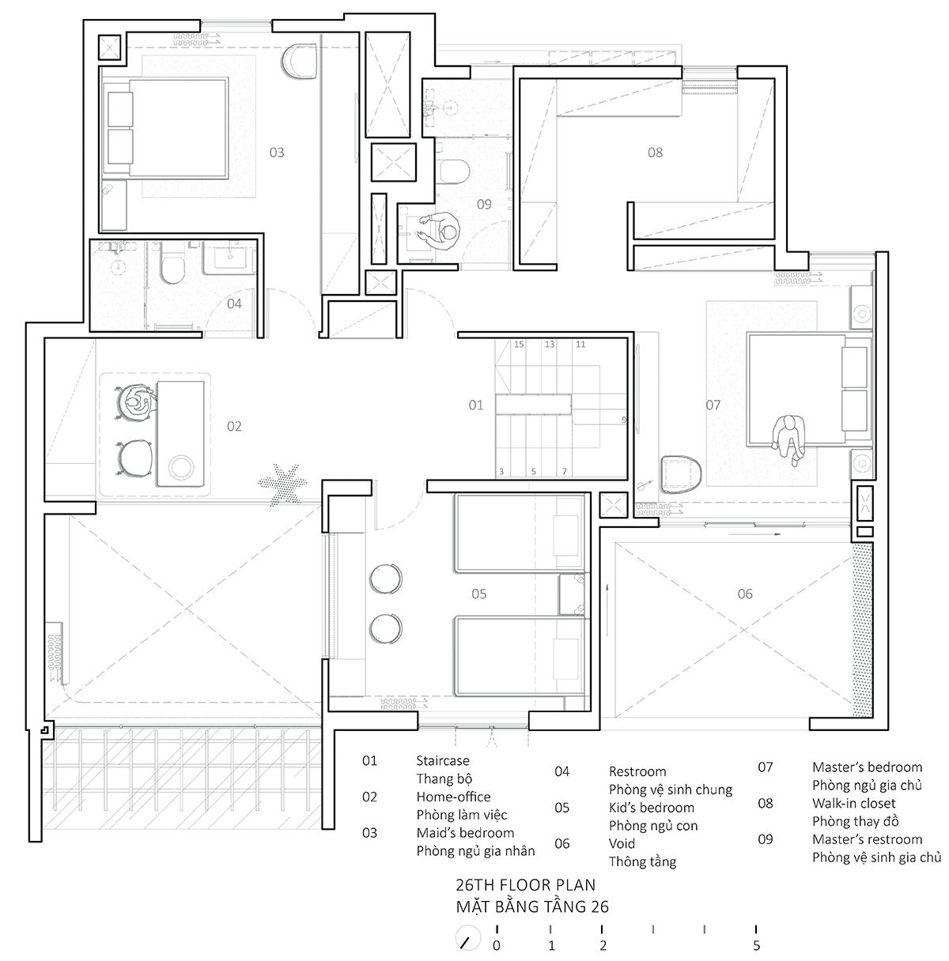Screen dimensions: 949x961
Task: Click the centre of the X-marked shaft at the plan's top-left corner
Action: click(109, 47)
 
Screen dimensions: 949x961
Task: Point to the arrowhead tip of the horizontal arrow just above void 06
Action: click(781, 534)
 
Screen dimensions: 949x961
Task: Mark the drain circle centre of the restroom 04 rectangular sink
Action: click(229, 258)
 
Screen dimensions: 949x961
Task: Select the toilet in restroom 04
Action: click(172, 264)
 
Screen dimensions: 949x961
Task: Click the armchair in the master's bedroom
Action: click(681, 473)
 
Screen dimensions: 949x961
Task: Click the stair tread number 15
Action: click(519, 344)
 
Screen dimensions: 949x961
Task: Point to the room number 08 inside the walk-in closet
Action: click(655, 152)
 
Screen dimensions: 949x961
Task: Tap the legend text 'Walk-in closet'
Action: click(853, 804)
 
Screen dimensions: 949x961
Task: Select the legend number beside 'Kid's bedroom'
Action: click(561, 808)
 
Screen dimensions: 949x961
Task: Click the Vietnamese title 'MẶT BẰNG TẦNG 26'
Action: click(532, 906)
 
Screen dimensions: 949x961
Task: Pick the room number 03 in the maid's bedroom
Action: click(277, 152)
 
